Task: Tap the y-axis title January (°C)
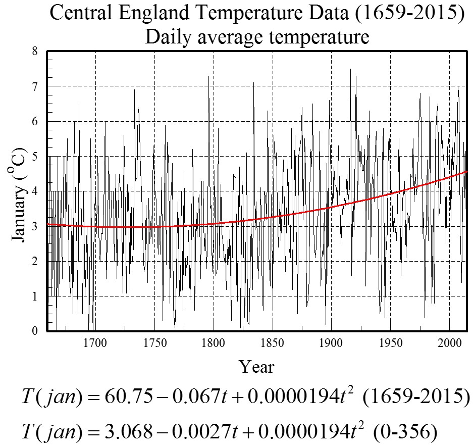(x=19, y=194)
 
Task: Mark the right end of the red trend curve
(x=467, y=171)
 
